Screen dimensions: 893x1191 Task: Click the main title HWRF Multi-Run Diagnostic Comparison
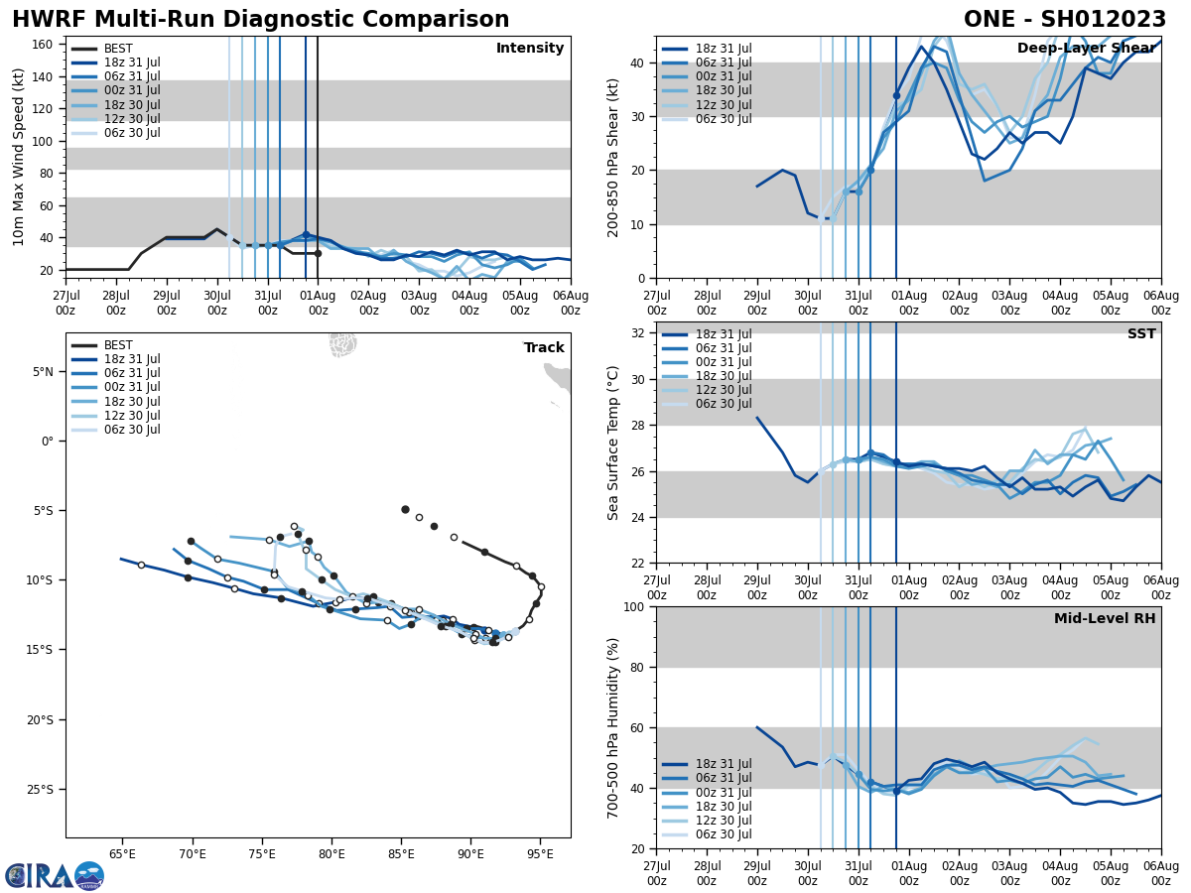point(260,20)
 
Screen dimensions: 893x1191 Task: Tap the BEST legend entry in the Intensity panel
point(118,49)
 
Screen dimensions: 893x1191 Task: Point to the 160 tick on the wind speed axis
point(45,45)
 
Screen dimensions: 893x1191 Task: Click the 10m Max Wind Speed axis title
point(19,157)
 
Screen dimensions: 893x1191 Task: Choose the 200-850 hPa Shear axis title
point(613,157)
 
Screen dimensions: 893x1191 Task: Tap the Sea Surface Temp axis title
point(613,443)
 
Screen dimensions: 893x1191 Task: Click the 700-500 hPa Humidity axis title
point(613,727)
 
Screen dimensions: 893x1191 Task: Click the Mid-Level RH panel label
point(1105,619)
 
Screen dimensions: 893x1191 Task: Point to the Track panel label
point(544,348)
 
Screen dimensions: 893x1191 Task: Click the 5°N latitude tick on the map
point(43,372)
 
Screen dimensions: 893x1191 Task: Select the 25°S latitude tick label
point(40,790)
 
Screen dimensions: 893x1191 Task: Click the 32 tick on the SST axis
point(639,333)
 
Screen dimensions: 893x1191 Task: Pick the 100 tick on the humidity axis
point(635,607)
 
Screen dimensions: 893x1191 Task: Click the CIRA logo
point(55,876)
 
